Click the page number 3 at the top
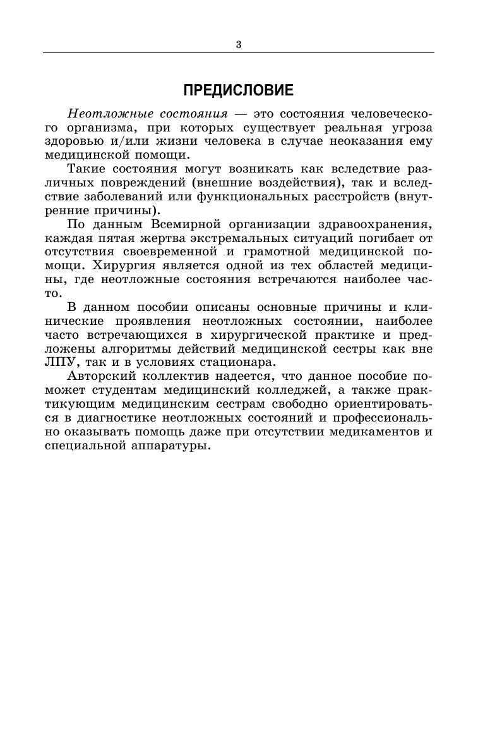click(x=239, y=44)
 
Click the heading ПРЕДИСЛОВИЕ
click(x=239, y=91)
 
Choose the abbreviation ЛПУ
click(x=60, y=362)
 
